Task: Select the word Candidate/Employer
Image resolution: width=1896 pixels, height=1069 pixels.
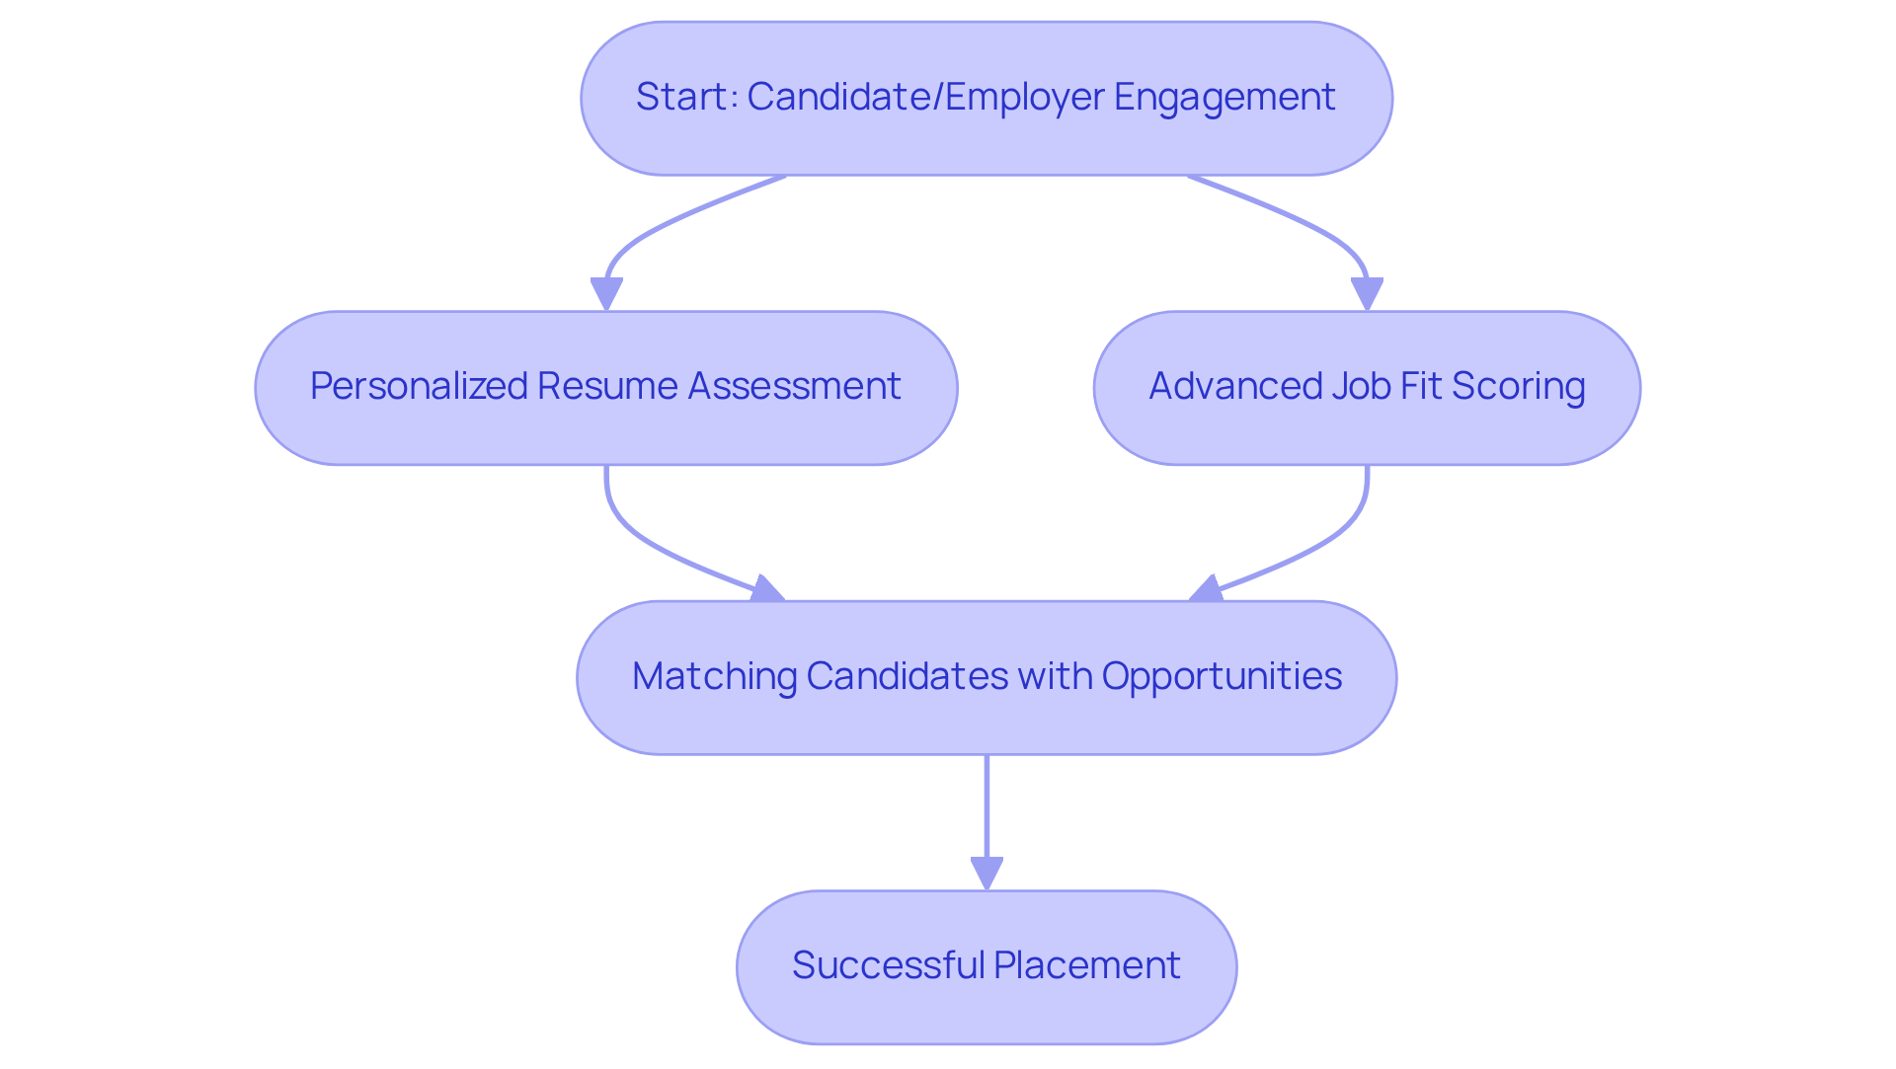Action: (925, 97)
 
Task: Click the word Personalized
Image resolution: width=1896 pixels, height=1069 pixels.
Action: (419, 386)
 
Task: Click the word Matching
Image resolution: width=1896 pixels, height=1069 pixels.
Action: (714, 676)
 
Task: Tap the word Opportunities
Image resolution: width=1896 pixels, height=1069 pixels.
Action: (1222, 676)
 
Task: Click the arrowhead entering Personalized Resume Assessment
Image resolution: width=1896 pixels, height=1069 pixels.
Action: (606, 294)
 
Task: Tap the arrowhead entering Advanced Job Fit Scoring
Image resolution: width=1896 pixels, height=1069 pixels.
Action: (1367, 294)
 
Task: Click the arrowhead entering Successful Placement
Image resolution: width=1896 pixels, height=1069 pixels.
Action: (987, 874)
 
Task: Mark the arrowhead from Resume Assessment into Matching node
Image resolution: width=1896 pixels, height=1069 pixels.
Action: (766, 590)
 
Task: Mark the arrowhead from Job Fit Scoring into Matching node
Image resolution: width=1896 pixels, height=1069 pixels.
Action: (1207, 590)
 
